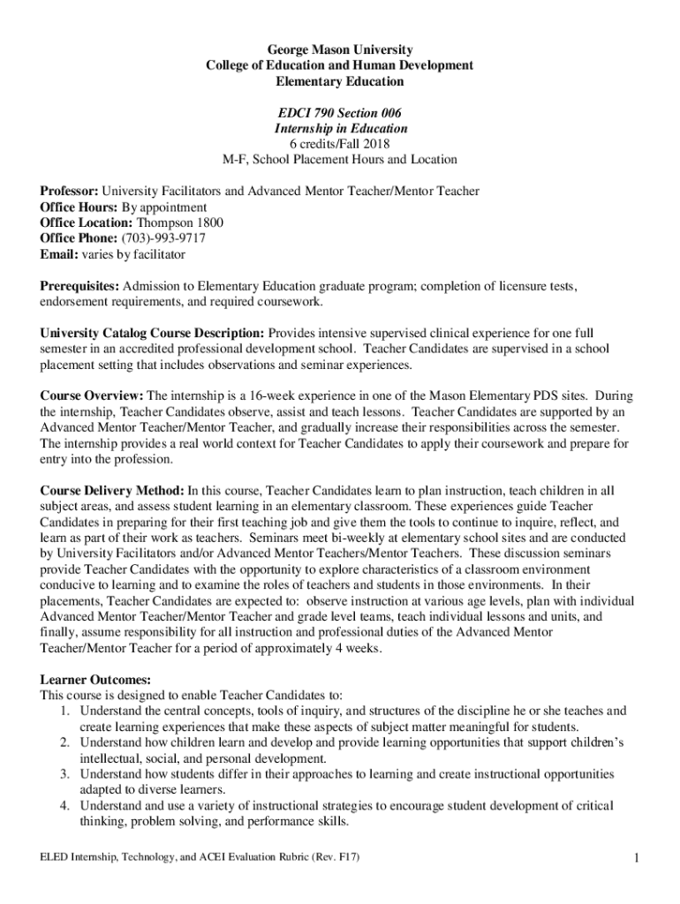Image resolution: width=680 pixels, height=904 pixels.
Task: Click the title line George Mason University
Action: (x=341, y=49)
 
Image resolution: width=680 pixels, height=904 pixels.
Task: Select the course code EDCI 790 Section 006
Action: (x=341, y=113)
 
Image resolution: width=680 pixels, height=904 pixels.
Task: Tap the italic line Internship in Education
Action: (x=341, y=129)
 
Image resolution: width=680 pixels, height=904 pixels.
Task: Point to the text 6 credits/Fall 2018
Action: (x=341, y=144)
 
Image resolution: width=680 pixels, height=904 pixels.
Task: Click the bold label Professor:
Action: (x=70, y=192)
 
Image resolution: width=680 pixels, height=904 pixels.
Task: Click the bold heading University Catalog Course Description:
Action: (x=152, y=334)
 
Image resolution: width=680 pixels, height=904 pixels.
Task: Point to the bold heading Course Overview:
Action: (x=93, y=396)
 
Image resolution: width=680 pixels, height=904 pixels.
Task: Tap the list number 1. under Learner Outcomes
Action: (x=65, y=711)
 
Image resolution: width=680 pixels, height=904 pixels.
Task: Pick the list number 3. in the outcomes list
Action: (x=65, y=774)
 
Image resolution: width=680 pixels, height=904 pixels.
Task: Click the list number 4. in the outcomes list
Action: (x=65, y=806)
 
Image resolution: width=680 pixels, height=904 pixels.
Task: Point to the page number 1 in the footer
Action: (x=636, y=857)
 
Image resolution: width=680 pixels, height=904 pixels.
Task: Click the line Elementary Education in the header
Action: (x=341, y=81)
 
